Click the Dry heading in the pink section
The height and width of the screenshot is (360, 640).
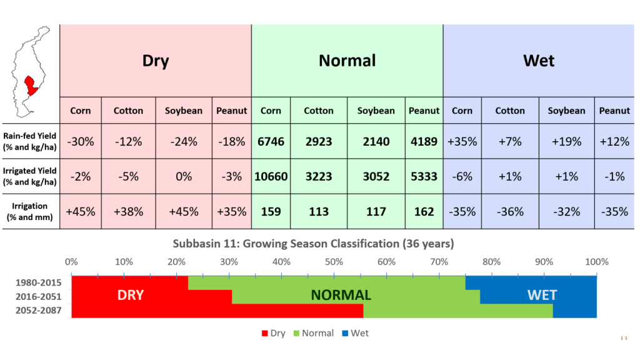156,61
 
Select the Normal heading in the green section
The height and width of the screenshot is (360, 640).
347,61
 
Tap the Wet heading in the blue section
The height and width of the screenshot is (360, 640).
539,61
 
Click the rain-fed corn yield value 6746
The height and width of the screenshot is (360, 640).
271,141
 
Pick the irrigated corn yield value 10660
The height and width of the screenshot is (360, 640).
271,176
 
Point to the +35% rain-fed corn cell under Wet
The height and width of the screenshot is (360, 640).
462,141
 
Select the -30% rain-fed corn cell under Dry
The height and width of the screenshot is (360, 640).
81,141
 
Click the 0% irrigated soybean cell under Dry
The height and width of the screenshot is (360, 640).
184,176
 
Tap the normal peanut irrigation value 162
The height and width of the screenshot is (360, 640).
424,211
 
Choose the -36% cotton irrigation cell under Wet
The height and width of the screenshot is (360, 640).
510,211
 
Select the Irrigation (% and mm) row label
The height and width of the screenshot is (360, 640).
29,211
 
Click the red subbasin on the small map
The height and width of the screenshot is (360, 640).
30,86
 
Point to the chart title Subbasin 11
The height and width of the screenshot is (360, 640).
313,244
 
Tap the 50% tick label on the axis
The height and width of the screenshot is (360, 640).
334,261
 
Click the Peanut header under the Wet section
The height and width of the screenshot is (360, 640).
614,111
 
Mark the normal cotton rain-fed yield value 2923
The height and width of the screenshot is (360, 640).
319,141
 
